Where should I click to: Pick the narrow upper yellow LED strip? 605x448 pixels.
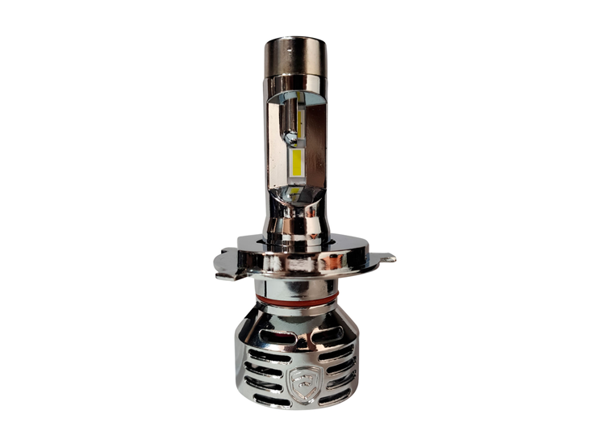click(x=299, y=122)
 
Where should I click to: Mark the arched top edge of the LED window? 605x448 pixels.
click(x=297, y=95)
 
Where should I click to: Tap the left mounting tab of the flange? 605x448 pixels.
click(x=221, y=262)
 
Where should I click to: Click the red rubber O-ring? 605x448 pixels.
click(x=297, y=301)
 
